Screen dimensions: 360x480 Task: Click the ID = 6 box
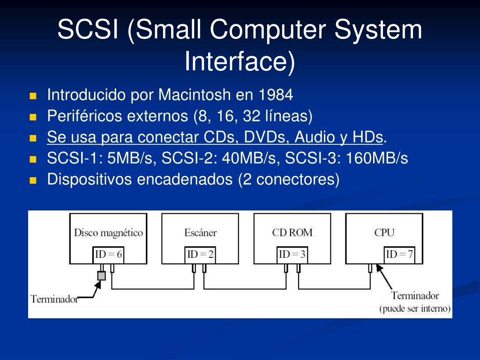pos(108,255)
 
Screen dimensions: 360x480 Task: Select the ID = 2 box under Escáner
pos(200,255)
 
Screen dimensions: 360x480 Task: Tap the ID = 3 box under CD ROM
pos(292,255)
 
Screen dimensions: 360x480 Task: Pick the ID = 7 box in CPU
pos(399,255)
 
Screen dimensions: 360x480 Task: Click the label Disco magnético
pos(108,232)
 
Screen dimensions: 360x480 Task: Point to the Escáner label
pos(200,232)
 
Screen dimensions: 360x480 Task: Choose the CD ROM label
pos(292,232)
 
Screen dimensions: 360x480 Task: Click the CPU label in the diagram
pos(384,232)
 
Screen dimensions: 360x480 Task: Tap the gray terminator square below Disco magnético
pos(101,276)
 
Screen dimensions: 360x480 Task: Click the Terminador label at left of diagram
pos(54,299)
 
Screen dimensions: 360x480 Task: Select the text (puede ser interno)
pos(415,309)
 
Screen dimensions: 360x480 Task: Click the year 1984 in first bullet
pos(276,95)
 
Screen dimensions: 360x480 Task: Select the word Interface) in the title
pos(240,61)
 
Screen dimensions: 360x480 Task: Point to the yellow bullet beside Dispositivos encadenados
pos(33,180)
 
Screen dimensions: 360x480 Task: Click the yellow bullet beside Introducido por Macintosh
pos(33,96)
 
